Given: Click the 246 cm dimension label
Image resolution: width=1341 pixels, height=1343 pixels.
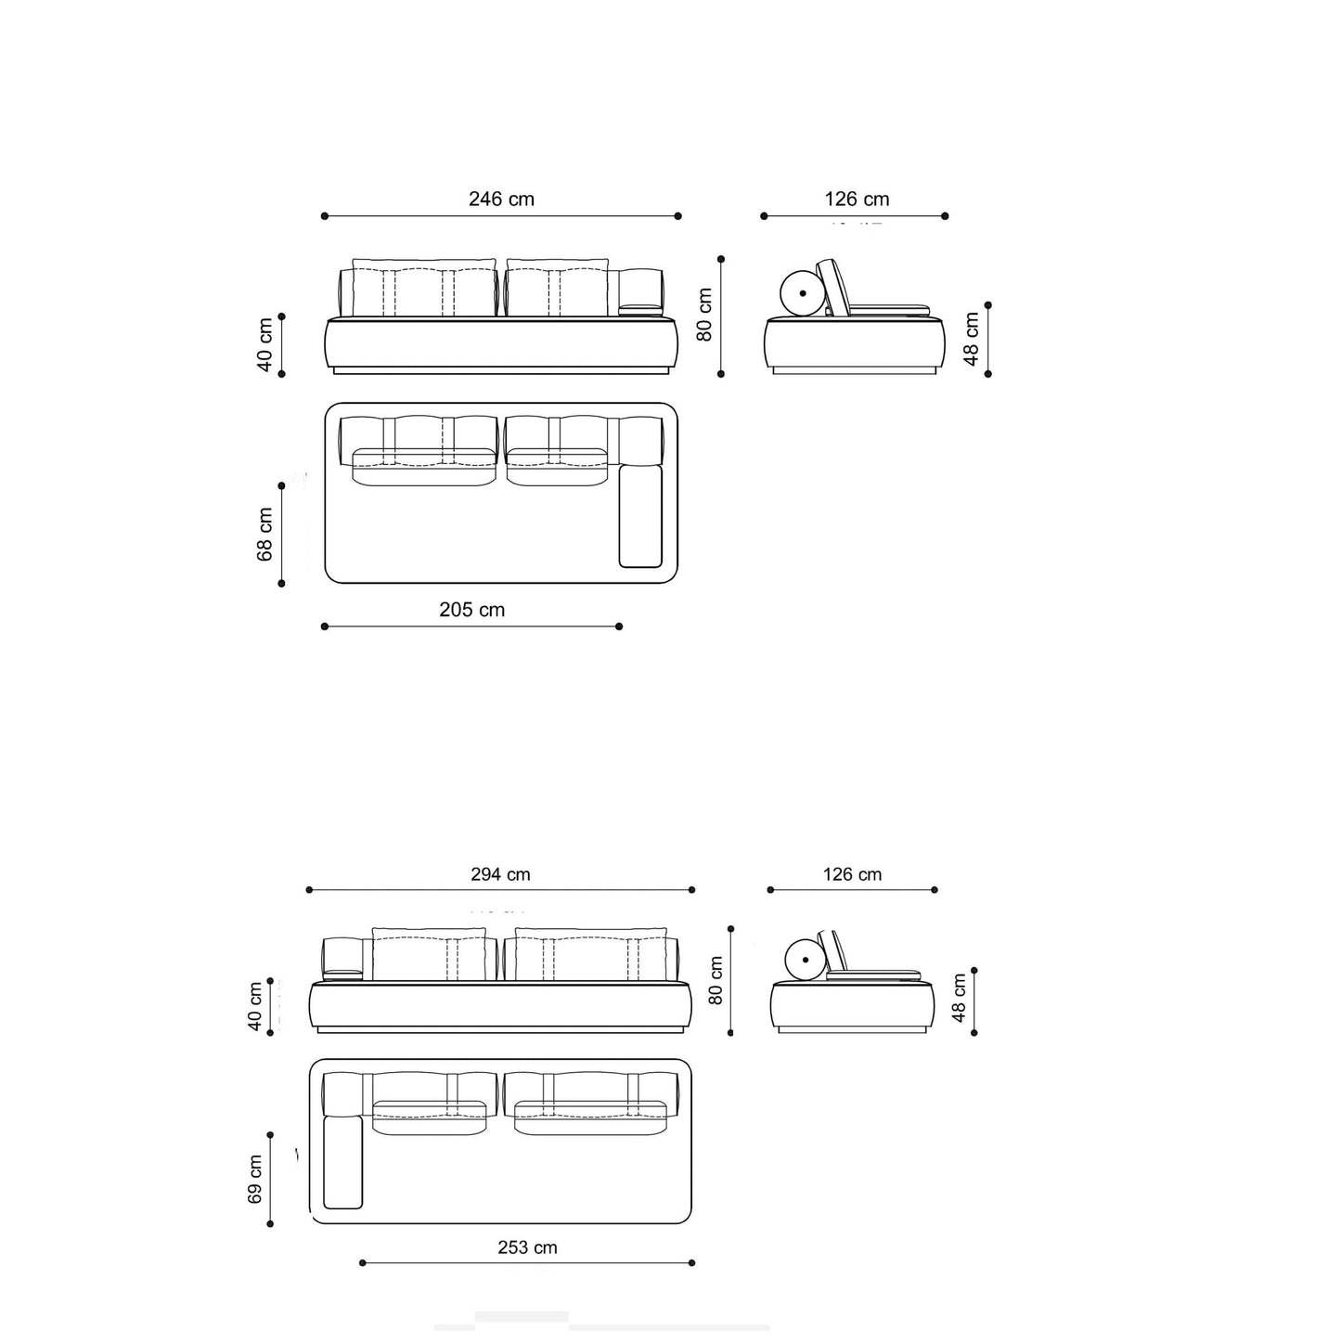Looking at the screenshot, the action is pyautogui.click(x=501, y=200).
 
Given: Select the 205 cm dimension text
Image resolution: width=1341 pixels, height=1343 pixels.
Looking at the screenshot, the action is pyautogui.click(x=471, y=610).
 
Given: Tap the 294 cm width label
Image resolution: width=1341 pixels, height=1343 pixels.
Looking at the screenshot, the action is pyautogui.click(x=500, y=874).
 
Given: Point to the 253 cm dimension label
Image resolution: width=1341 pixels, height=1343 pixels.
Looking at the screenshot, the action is pyautogui.click(x=528, y=1246).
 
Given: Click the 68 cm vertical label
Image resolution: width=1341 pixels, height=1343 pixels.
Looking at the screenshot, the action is pyautogui.click(x=264, y=535).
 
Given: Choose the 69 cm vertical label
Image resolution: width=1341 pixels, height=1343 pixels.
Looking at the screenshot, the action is pyautogui.click(x=254, y=1180).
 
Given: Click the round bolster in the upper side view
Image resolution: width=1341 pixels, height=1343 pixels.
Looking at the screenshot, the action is pyautogui.click(x=803, y=293).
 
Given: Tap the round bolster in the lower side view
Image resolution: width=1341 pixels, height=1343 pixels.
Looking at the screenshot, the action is pyautogui.click(x=806, y=960).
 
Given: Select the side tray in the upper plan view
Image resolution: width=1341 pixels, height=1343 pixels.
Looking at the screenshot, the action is pyautogui.click(x=640, y=516).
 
